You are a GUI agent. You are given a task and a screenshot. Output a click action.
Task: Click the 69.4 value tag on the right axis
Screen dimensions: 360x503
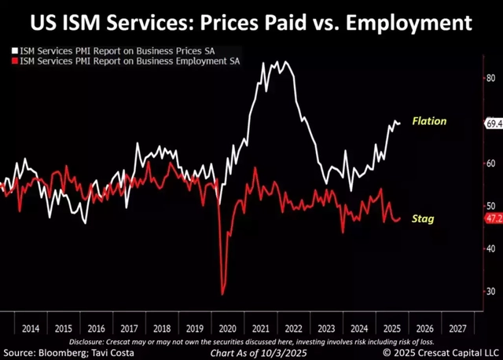tap(494, 123)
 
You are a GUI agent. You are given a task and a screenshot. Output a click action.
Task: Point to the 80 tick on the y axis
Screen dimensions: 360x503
tap(491, 79)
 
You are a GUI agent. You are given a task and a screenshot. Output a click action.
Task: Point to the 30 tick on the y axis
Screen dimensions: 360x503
tap(491, 291)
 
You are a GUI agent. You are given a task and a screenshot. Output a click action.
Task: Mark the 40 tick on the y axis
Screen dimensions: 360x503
tap(491, 248)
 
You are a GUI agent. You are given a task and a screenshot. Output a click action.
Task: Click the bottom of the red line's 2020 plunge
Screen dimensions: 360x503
tap(223, 294)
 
